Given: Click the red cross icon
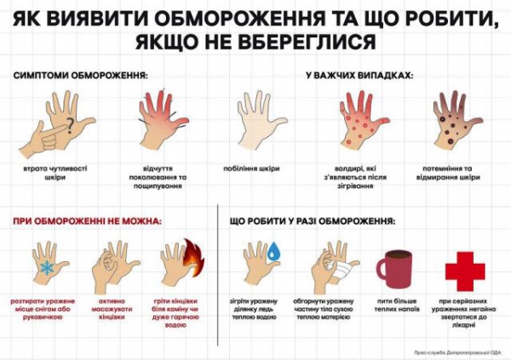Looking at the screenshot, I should pos(464,271).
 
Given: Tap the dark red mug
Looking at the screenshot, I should pos(394,268).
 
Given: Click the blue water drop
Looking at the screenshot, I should pos(274,253).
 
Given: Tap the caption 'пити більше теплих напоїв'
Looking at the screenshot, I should pos(394,306).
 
